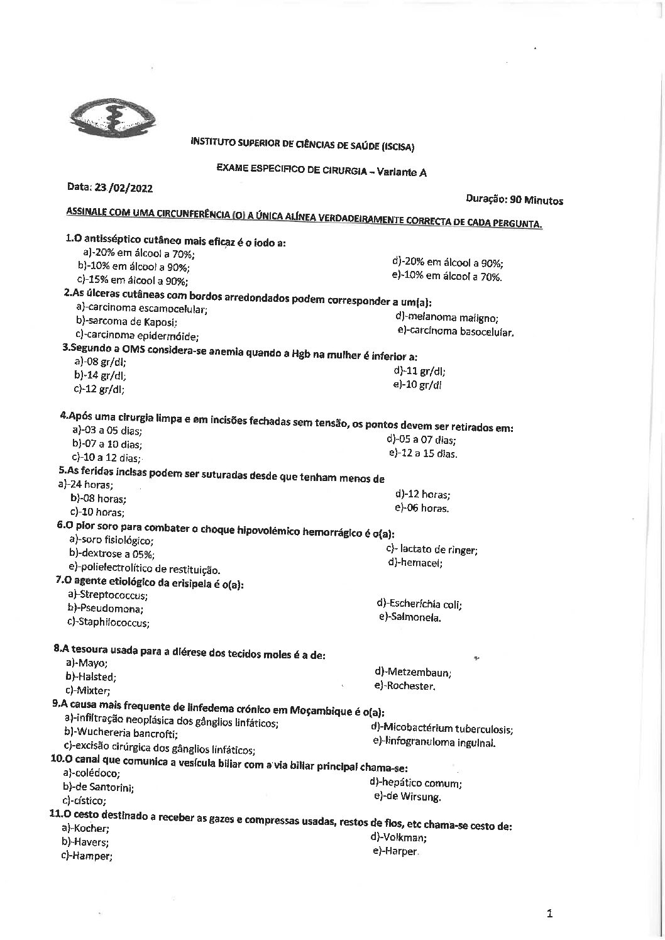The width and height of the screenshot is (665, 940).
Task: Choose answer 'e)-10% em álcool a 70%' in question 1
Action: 446,276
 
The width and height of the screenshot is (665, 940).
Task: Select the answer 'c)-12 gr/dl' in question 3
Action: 99,389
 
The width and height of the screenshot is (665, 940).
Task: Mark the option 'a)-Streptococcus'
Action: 107,595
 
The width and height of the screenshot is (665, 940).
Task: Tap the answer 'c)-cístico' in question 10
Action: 84,801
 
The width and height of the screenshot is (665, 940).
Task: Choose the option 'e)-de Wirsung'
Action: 407,797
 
